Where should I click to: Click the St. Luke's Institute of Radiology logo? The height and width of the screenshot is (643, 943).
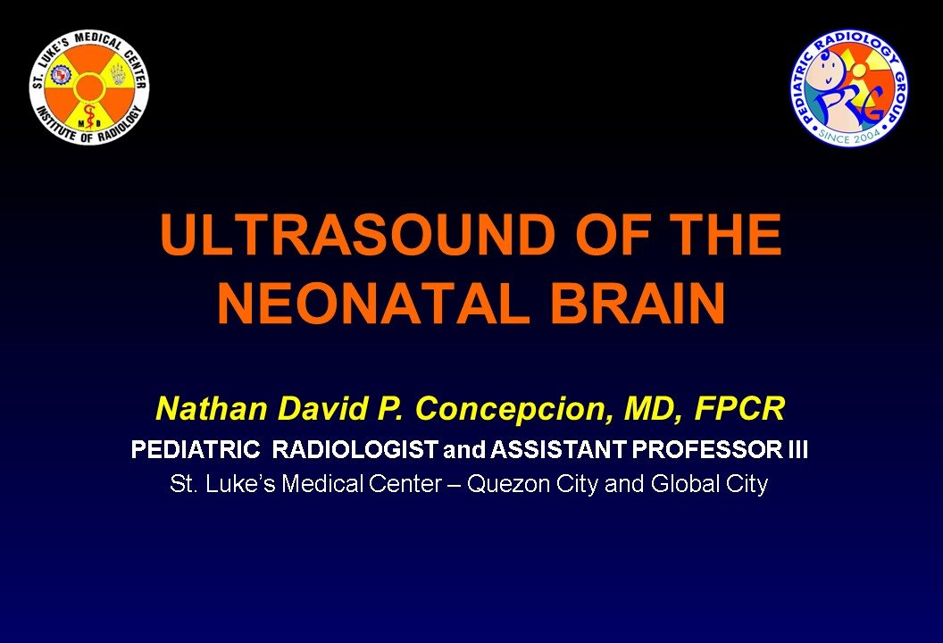coord(89,88)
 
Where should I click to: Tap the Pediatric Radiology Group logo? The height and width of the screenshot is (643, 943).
coord(849,88)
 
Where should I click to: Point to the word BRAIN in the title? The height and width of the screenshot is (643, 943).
coord(638,303)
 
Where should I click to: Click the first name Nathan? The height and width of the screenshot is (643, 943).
coord(211,408)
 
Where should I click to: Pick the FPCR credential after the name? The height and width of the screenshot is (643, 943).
coord(739,408)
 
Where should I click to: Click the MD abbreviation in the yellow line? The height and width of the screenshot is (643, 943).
coord(651,410)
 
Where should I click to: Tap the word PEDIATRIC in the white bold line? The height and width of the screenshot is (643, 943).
coord(196,450)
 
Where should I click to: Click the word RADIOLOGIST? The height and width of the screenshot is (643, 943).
coord(355,450)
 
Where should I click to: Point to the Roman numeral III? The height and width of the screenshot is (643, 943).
coord(798,450)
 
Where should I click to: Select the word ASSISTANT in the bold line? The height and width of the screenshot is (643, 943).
coord(557,450)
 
